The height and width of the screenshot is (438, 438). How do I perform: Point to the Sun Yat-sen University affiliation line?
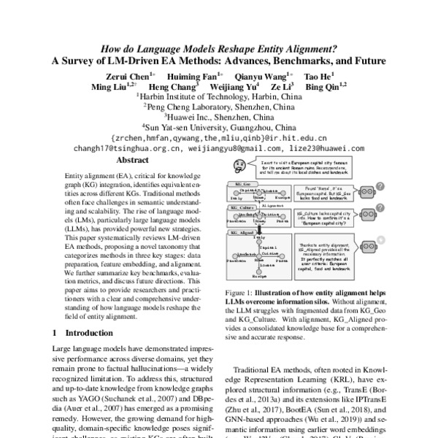tap(219, 125)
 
